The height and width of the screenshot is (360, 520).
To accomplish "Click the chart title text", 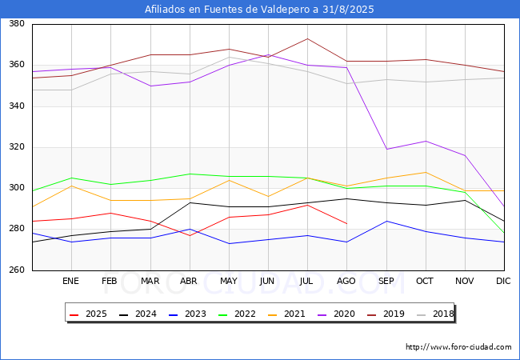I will click(x=259, y=10).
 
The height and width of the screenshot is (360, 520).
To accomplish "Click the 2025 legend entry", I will click(x=90, y=314).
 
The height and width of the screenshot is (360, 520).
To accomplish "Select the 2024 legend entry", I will click(x=139, y=314).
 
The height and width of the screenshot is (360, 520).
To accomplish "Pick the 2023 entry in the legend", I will click(x=189, y=314).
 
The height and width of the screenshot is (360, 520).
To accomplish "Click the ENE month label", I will click(x=70, y=281).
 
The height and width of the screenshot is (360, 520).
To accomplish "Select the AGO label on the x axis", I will click(x=346, y=281).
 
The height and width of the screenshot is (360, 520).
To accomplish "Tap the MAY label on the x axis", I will click(x=229, y=281).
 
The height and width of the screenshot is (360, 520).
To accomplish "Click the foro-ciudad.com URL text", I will click(x=458, y=347).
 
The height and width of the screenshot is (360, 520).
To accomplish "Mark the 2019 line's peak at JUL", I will click(x=307, y=38).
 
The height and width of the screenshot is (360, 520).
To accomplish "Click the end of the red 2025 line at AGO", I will click(x=346, y=223).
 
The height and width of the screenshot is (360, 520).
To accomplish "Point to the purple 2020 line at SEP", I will click(x=386, y=150).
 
